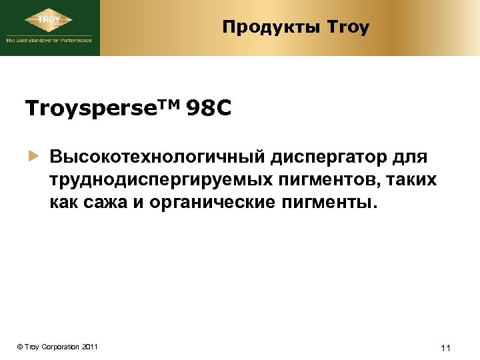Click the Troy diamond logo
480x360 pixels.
tap(50, 20)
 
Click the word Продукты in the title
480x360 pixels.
tap(271, 27)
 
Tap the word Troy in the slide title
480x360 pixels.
tap(348, 27)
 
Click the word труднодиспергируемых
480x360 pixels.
tap(159, 180)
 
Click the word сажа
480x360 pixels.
tap(113, 202)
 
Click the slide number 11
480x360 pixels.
tap(447, 347)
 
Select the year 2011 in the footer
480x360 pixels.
tap(89, 347)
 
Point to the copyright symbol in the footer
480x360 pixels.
tap(21, 347)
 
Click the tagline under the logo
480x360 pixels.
tap(49, 41)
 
